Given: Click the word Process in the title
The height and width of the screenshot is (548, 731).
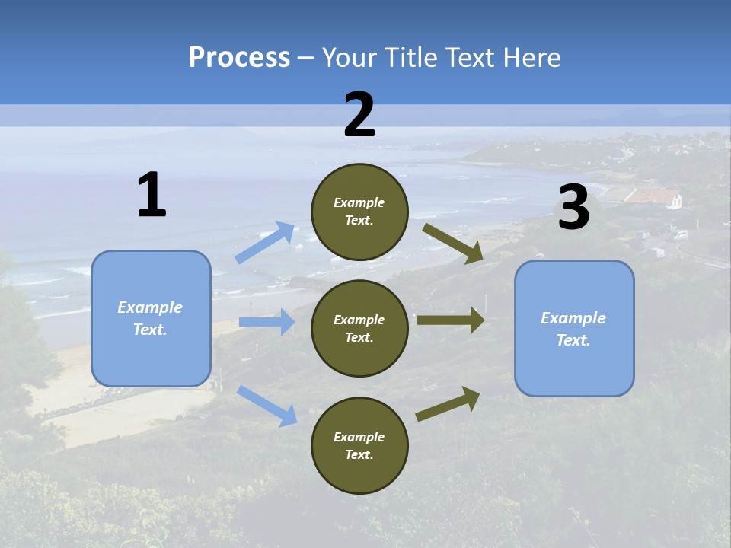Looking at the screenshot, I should (239, 57).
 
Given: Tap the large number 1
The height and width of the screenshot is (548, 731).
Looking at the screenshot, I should (152, 195).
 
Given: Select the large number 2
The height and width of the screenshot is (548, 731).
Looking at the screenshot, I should (359, 115).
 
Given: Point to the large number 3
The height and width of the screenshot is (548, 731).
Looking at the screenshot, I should (573, 208).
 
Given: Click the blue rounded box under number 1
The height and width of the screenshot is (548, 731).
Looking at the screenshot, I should (151, 318).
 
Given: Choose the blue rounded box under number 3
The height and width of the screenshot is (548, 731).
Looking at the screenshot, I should (574, 329).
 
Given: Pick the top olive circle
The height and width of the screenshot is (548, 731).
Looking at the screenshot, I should (359, 212).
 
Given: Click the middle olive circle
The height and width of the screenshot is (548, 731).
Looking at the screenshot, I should (359, 328).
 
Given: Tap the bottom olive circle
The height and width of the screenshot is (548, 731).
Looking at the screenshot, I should (359, 445).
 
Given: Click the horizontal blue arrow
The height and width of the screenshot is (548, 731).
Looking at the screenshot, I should (267, 322).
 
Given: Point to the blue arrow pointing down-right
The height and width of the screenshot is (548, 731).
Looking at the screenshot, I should (267, 406).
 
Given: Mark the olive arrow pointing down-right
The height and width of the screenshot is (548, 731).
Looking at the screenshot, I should (453, 243).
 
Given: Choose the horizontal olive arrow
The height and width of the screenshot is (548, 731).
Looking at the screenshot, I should (451, 320).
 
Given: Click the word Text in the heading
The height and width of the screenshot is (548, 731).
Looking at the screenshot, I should (472, 57).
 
